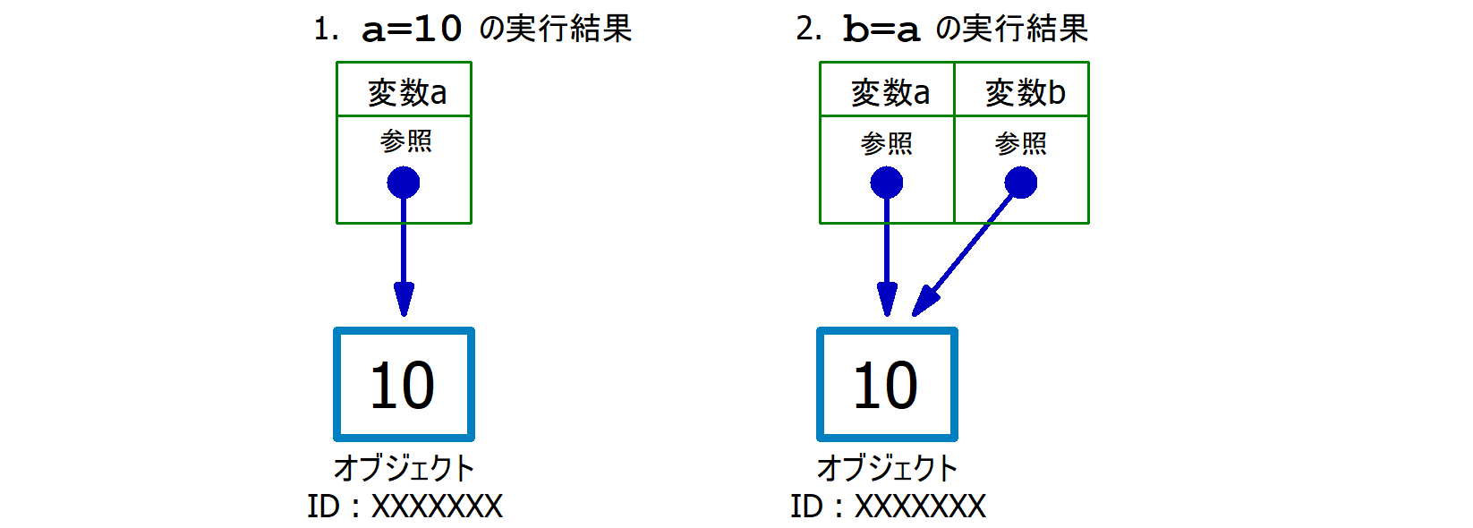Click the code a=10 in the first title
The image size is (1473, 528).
click(x=412, y=30)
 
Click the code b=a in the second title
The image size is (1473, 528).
click(x=881, y=30)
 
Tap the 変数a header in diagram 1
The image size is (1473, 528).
click(x=406, y=91)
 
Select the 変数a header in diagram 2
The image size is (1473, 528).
click(x=889, y=91)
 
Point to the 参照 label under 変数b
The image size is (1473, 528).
click(x=1020, y=142)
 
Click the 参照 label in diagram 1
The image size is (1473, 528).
click(x=405, y=141)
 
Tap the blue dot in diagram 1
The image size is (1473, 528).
click(x=404, y=183)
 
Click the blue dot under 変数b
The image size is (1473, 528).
click(x=1020, y=183)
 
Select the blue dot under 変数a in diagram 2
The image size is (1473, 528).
click(x=886, y=183)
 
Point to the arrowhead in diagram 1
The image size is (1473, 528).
click(x=404, y=299)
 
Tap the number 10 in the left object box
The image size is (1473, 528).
click(x=403, y=386)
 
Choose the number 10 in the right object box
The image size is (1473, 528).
click(x=886, y=386)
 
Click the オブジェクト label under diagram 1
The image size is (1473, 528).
click(x=404, y=467)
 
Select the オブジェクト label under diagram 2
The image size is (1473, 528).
click(x=887, y=467)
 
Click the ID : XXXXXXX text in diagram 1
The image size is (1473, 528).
click(x=404, y=507)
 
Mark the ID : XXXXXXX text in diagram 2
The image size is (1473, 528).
click(x=888, y=507)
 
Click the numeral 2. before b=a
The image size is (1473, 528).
click(x=808, y=30)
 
